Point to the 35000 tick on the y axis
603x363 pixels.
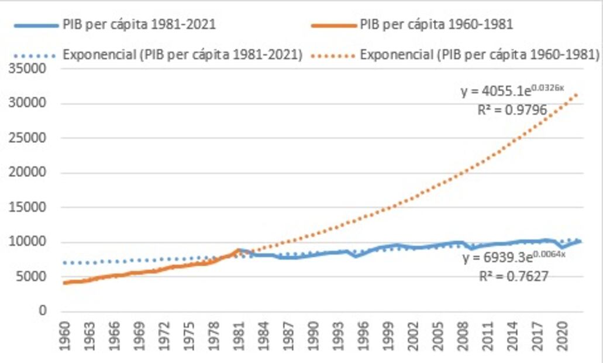[x=29, y=69]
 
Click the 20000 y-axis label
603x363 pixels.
[x=29, y=173]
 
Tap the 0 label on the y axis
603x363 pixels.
[x=43, y=311]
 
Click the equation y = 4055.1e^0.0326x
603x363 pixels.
[x=511, y=91]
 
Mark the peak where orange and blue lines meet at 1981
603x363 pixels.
[x=238, y=250]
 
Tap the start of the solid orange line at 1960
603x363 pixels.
[x=64, y=283]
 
